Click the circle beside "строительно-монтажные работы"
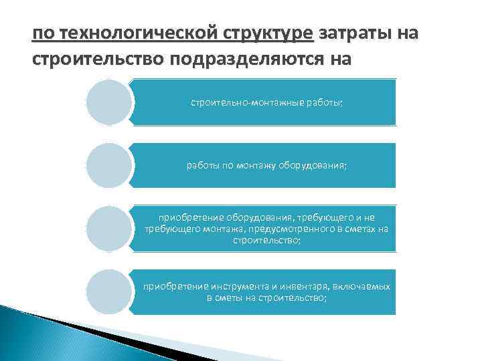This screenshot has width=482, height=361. point(109,102)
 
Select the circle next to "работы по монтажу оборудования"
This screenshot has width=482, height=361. point(109,165)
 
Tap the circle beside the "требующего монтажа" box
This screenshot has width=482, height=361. point(109,228)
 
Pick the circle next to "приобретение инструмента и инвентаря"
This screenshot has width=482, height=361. point(109,291)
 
